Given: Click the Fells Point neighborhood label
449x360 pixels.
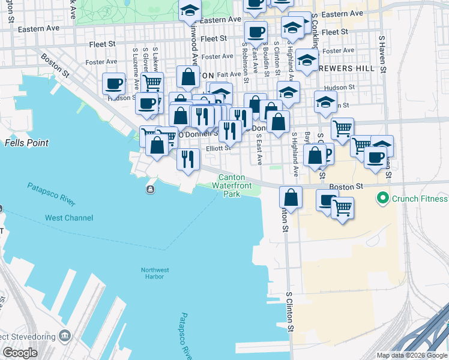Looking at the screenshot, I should point(26,143).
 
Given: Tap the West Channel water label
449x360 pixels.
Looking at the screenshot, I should point(69,218).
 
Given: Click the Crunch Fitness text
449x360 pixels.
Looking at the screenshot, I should point(420,199).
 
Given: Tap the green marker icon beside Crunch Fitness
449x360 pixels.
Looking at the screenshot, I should point(381,198).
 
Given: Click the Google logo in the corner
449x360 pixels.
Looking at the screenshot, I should point(20,353).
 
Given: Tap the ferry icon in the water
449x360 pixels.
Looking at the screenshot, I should point(149,190).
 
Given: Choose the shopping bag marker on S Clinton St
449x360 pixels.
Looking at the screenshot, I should point(291,197).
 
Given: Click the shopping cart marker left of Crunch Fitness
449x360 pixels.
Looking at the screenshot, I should point(342,208).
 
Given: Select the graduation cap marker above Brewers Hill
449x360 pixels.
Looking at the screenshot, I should point(307,61).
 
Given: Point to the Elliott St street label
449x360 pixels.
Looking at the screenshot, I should point(218,148).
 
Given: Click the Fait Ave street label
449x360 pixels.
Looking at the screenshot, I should point(229,74).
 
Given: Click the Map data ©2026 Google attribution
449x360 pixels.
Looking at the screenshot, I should point(412,355).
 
